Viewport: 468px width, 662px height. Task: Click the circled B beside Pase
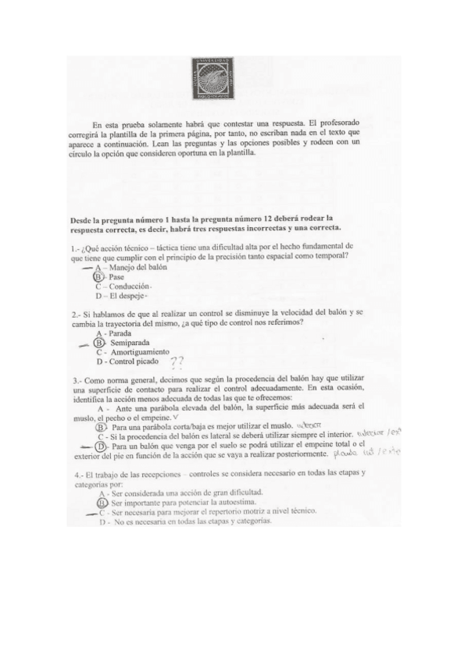tap(98, 276)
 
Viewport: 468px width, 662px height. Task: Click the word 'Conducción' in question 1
tap(129, 287)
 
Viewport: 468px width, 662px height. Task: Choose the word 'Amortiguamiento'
tap(139, 352)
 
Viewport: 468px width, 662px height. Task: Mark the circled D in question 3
tap(99, 446)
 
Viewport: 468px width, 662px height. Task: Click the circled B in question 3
tap(100, 427)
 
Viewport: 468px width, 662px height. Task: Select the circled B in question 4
tap(102, 503)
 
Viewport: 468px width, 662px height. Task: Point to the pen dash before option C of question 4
tap(91, 513)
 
